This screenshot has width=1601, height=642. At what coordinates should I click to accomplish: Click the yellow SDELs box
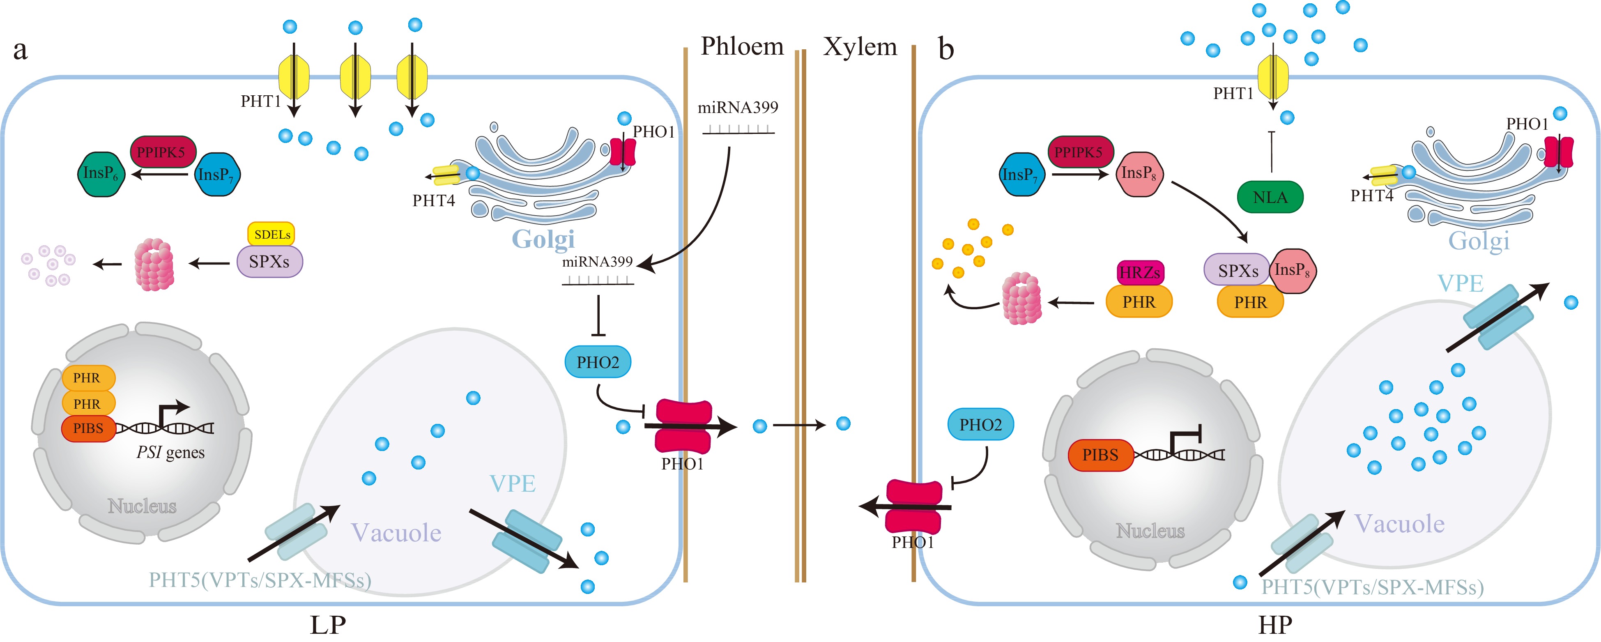coord(271,234)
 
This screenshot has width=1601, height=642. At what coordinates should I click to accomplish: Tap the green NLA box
coord(1270,198)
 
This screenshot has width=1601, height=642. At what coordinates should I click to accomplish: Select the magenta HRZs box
coord(1139,272)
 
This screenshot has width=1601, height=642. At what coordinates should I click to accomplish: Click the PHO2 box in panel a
coord(597,362)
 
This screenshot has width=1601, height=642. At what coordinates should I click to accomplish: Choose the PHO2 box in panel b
coord(980,424)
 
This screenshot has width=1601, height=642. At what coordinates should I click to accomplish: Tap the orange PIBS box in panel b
coord(1100,455)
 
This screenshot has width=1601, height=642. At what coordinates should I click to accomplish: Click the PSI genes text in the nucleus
coord(170,453)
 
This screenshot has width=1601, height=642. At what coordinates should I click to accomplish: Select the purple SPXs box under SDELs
coord(269,262)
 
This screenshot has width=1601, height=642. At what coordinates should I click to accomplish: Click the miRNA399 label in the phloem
coord(738,108)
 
